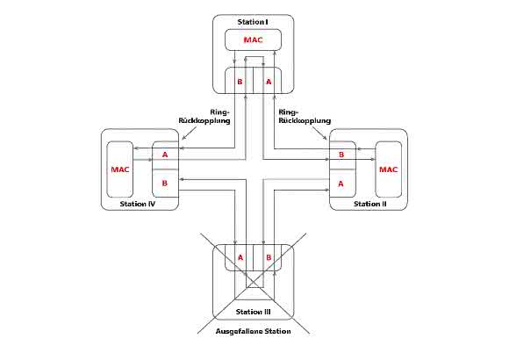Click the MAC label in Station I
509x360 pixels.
coord(254,40)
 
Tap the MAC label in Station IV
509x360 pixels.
coord(120,169)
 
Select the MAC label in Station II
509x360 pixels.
coord(388,169)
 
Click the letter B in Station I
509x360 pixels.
coord(240,82)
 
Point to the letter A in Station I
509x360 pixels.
coord(269,82)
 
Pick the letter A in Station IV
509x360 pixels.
coord(165,155)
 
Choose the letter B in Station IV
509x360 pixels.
coord(165,184)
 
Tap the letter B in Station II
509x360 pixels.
coord(341,155)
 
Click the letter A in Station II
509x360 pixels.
coord(341,184)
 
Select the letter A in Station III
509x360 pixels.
coord(240,257)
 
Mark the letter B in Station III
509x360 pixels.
coord(269,257)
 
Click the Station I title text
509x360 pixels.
coord(253,22)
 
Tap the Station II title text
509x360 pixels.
coord(370,204)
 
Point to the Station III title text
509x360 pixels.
coord(254,312)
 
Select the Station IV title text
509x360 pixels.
coord(138,204)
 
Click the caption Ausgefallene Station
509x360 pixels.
coord(254,331)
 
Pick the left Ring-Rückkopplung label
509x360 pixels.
coord(204,116)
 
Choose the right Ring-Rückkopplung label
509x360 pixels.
coord(305,116)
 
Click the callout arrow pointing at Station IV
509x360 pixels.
coord(190,133)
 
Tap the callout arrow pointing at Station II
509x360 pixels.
coord(320,133)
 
